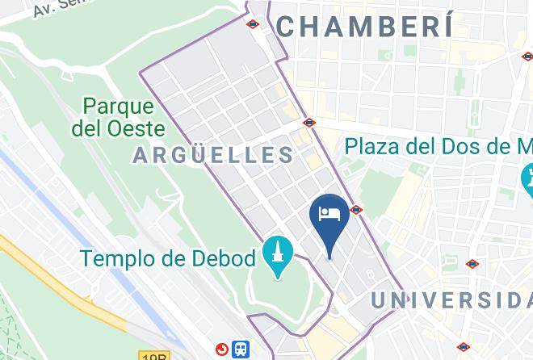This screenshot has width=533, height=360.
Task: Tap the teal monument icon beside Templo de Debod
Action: pyautogui.click(x=278, y=257)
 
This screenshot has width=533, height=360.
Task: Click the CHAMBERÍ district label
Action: pyautogui.click(x=363, y=26)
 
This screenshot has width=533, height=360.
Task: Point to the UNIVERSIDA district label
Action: pyautogui.click(x=451, y=299)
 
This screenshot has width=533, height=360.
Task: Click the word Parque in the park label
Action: pyautogui.click(x=119, y=107)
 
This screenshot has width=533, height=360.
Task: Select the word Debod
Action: pyautogui.click(x=225, y=258)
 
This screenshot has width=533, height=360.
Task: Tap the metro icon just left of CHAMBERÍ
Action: pyautogui.click(x=253, y=24)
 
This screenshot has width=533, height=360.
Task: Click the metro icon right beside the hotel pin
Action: pyautogui.click(x=357, y=210)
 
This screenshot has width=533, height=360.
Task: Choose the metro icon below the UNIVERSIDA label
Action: pyautogui.click(x=464, y=347)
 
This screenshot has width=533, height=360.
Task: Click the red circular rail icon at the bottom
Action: pyautogui.click(x=221, y=349)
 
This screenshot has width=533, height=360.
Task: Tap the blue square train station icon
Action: pyautogui.click(x=241, y=350)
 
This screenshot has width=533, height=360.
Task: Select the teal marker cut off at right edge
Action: pyautogui.click(x=527, y=177)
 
